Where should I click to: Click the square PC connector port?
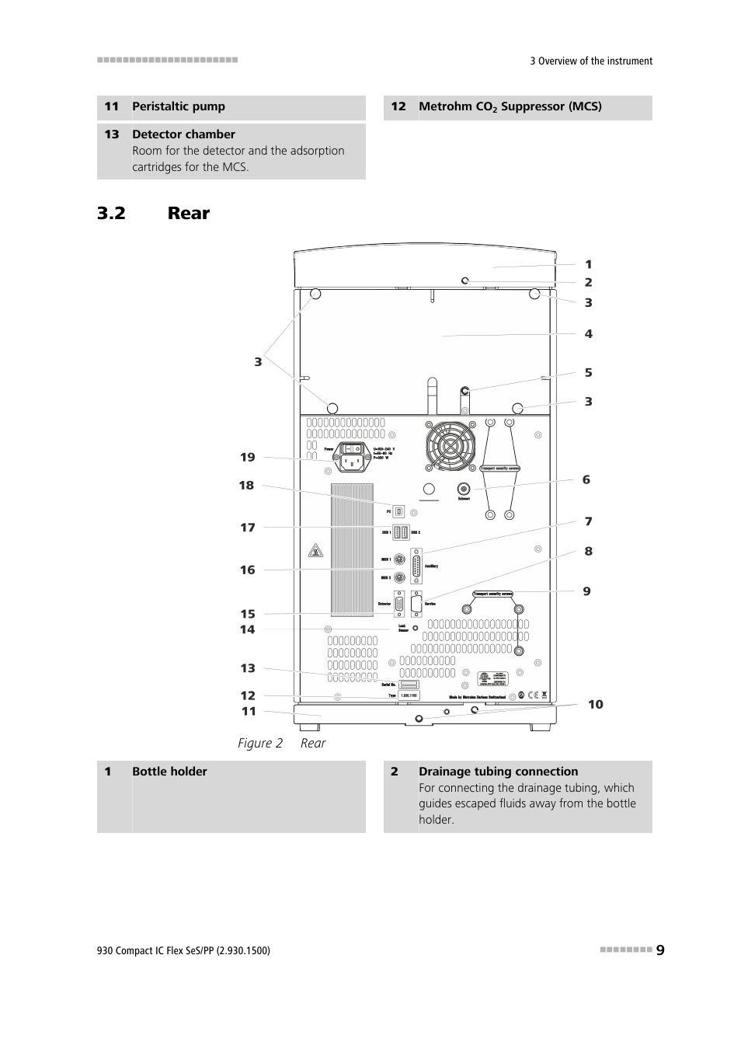click(399, 511)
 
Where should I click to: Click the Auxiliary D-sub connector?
click(417, 566)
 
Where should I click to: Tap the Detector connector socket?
click(399, 605)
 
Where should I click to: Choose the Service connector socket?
click(416, 604)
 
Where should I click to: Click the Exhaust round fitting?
click(464, 489)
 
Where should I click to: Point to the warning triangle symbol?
click(315, 551)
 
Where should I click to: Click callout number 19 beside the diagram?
click(247, 457)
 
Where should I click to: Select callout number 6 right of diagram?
click(586, 479)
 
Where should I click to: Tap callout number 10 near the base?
click(595, 704)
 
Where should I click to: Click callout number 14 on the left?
click(247, 629)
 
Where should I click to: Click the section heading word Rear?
click(189, 213)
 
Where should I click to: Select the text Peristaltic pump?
click(179, 106)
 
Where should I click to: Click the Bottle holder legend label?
click(169, 772)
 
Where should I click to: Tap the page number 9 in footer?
click(660, 950)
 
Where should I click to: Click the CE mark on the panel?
click(533, 695)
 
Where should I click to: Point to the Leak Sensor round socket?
click(416, 627)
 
